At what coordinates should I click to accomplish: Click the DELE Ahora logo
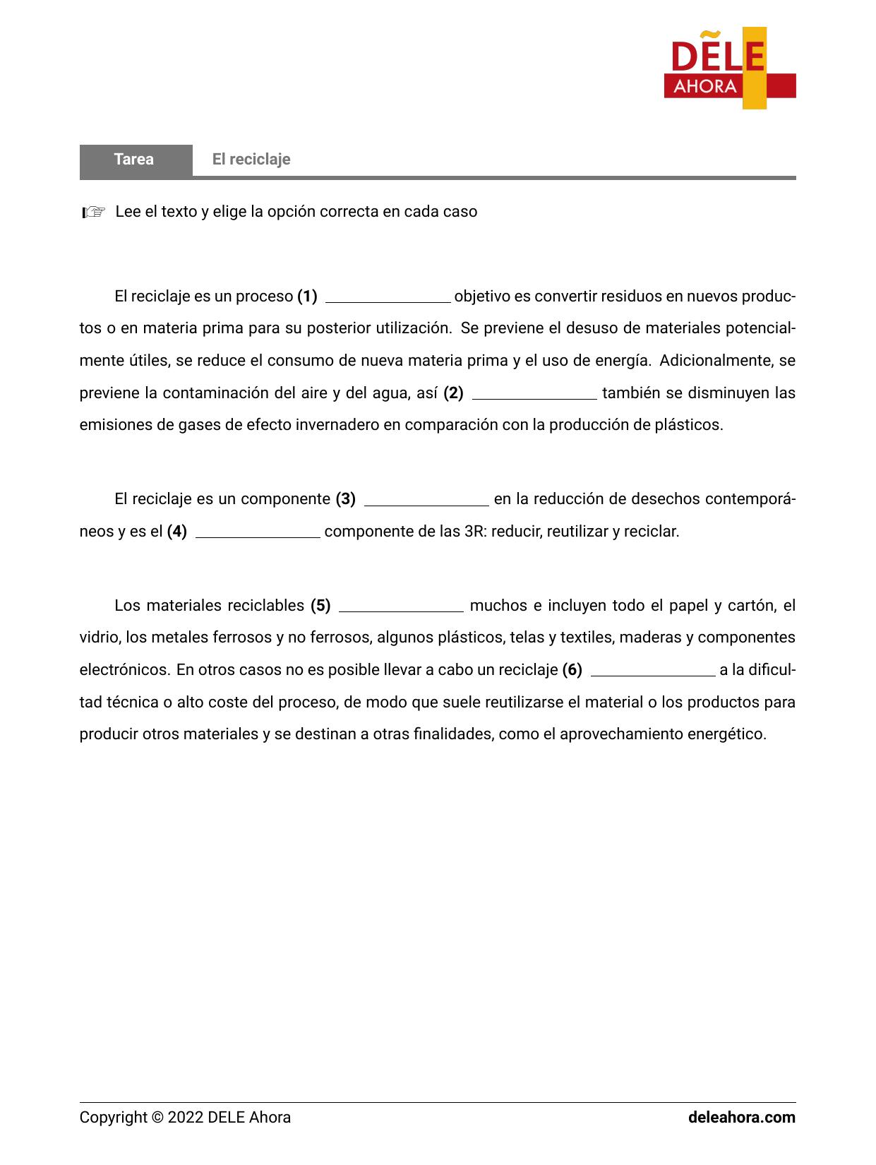729,68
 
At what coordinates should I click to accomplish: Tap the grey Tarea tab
135,160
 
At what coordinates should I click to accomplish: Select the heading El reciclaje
251,160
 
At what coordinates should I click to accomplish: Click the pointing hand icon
93,212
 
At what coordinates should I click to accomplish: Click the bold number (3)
345,499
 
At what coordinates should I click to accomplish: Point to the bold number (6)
572,670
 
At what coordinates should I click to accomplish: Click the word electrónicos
124,670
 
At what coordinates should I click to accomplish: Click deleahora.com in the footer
741,1118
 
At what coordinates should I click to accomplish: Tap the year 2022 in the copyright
186,1118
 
